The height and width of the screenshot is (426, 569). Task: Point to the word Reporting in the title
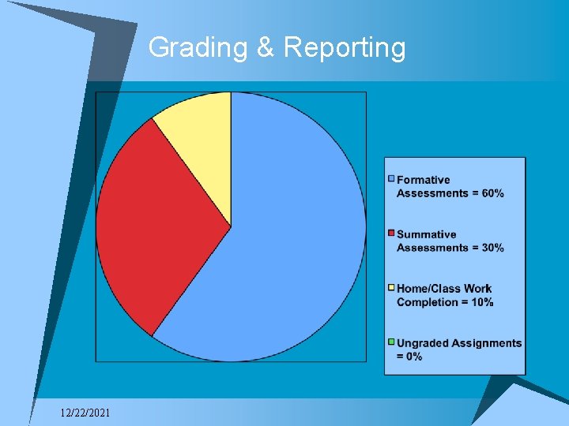[345, 48]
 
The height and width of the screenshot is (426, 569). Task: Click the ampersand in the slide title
[265, 48]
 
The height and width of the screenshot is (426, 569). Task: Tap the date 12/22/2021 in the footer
[85, 413]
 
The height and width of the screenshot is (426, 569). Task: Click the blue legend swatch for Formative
[391, 179]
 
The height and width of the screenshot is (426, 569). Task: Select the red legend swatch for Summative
[391, 234]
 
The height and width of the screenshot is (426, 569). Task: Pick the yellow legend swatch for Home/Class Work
[391, 288]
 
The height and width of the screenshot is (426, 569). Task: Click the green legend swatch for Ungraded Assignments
[391, 342]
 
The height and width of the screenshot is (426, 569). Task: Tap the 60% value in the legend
[491, 193]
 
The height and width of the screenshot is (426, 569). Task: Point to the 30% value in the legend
[491, 248]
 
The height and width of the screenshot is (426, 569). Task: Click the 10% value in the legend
[480, 302]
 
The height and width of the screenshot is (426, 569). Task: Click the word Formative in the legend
[424, 180]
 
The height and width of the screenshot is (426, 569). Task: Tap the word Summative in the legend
[427, 234]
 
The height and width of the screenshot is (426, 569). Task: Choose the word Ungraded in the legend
[424, 343]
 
